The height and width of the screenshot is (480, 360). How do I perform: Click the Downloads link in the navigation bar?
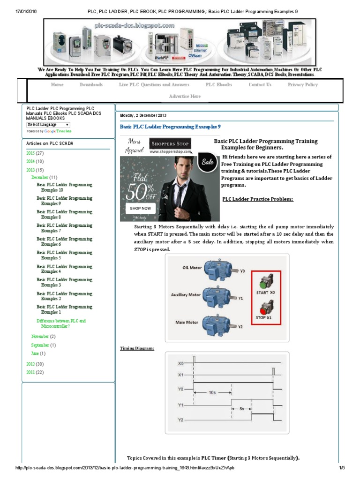(x=91, y=85)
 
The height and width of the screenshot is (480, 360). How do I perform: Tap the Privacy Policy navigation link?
(x=303, y=85)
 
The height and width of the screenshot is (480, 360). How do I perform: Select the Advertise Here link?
(x=185, y=96)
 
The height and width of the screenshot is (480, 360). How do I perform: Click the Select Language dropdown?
(x=48, y=125)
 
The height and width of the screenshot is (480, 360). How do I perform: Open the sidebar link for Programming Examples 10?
(x=65, y=187)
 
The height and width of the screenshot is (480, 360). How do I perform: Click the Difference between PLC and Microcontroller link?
(x=61, y=323)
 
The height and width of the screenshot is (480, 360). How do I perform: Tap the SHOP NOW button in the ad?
(x=140, y=208)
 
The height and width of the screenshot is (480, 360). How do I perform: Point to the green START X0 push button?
(x=263, y=284)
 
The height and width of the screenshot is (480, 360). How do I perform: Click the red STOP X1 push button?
(x=263, y=309)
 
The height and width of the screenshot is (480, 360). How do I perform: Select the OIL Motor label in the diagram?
(x=192, y=268)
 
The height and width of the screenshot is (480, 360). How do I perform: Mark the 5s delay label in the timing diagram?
(x=241, y=409)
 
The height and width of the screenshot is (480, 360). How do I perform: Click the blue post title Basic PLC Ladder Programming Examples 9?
(x=171, y=127)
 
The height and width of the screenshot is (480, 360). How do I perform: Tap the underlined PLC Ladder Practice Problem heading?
(x=257, y=199)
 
